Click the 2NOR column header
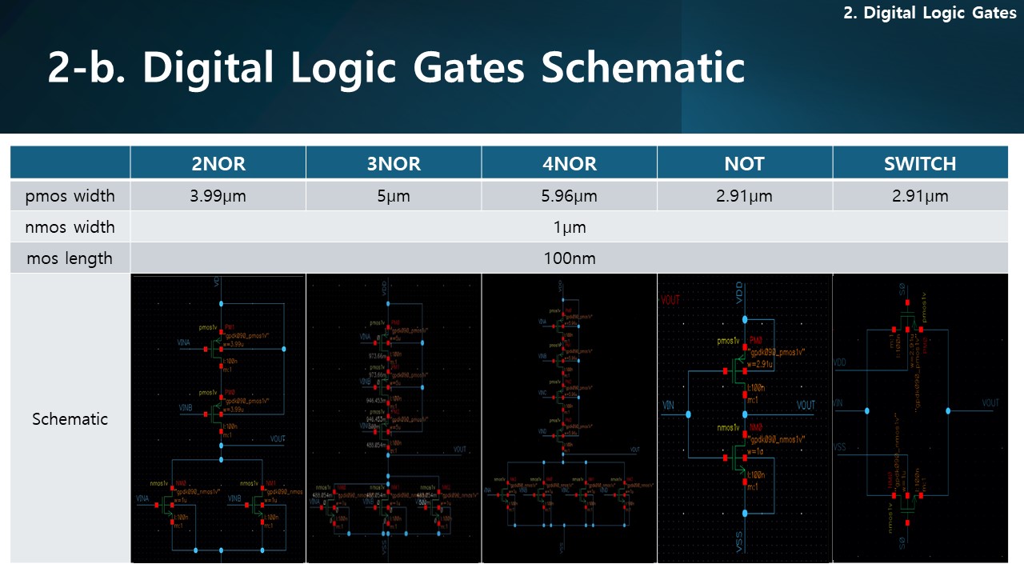tap(218, 163)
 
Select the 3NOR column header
tap(393, 163)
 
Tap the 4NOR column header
tap(569, 163)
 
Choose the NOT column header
tap(744, 163)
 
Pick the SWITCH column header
tap(920, 163)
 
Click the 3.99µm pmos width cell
tap(218, 196)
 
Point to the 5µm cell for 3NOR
tap(393, 196)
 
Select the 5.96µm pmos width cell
tap(569, 196)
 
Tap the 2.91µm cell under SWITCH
tap(920, 196)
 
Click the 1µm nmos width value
tap(569, 227)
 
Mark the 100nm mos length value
tap(569, 258)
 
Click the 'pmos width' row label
tap(70, 196)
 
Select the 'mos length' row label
tap(70, 258)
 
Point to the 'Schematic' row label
tap(70, 418)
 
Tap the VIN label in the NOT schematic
tap(668, 406)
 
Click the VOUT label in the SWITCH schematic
tap(990, 403)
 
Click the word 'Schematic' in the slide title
tap(643, 67)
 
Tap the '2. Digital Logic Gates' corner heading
tap(930, 14)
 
